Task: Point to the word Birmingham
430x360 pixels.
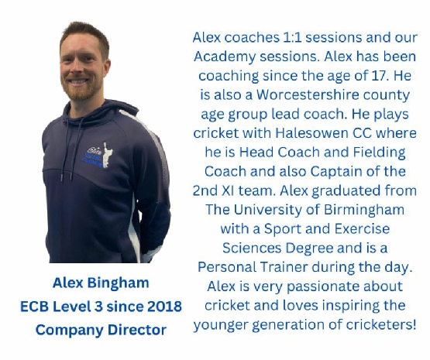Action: point(364,210)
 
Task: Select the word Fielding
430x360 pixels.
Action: point(379,153)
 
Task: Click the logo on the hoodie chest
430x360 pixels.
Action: point(99,156)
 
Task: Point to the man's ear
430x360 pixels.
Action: point(106,68)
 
